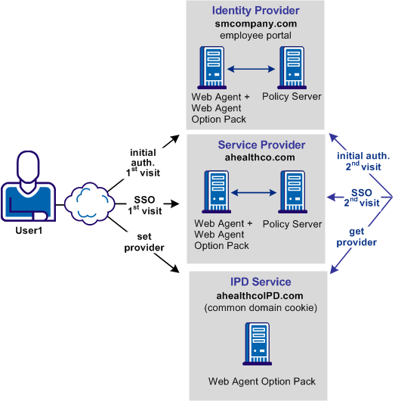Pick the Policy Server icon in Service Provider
(292, 193)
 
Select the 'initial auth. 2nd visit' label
(363, 160)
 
